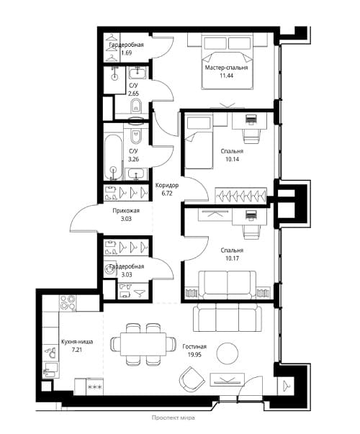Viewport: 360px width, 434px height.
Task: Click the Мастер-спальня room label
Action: click(226, 68)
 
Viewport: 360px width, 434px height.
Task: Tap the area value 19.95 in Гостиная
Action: click(194, 355)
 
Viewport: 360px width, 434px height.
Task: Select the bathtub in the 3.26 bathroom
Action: click(113, 157)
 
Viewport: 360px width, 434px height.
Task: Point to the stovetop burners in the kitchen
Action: click(68, 303)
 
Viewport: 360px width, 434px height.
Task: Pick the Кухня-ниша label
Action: click(77, 342)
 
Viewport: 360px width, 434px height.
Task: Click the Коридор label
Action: click(167, 185)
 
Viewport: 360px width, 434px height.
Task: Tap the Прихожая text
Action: click(126, 211)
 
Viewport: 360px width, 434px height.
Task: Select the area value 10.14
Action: click(232, 159)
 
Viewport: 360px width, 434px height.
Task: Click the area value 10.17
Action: click(232, 258)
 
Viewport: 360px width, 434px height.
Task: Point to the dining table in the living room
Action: click(143, 344)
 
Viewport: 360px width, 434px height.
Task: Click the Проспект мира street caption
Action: click(174, 417)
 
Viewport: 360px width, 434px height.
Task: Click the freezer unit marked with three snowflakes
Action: click(95, 386)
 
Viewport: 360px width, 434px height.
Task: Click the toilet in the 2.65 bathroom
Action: click(135, 106)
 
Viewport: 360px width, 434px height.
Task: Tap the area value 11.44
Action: click(226, 76)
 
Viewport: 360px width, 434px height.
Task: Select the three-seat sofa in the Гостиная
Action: click(228, 317)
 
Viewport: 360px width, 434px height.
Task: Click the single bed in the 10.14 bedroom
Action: click(199, 143)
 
